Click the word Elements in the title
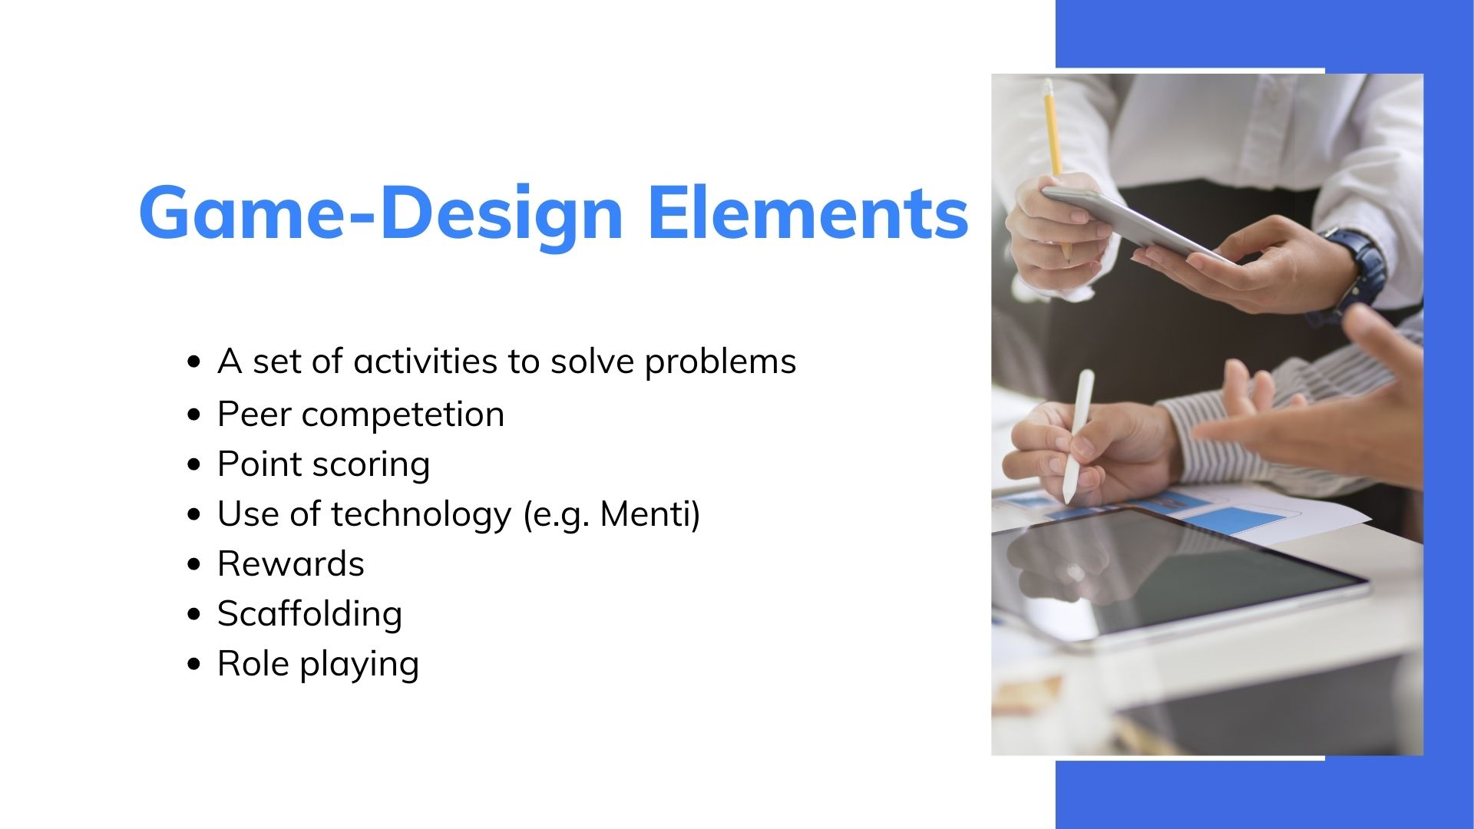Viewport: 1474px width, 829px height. point(808,213)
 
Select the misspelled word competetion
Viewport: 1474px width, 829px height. point(403,415)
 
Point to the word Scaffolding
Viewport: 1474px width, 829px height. point(309,614)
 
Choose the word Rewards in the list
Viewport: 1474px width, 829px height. point(291,564)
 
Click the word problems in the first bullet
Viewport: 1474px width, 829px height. point(720,362)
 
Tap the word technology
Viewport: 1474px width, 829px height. point(421,514)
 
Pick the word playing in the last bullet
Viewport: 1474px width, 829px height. point(359,665)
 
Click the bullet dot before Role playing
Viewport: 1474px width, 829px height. point(194,664)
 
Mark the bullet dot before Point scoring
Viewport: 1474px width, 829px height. point(194,464)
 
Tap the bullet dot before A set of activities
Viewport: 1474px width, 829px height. point(194,362)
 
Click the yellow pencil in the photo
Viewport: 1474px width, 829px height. point(1054,154)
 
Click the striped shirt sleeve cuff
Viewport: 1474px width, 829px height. point(1198,438)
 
